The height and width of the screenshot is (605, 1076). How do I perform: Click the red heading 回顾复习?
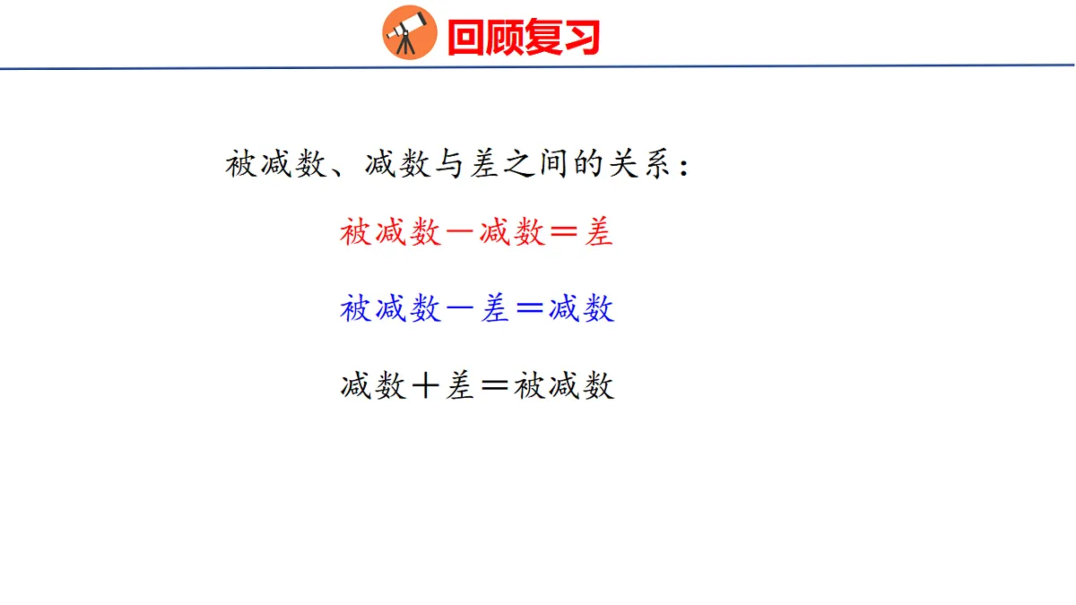[523, 38]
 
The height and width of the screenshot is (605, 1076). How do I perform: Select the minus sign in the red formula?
[461, 233]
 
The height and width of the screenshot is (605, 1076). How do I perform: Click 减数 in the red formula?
[512, 233]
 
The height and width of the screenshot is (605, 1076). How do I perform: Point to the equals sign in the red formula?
[565, 233]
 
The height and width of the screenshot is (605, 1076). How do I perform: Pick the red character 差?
[599, 233]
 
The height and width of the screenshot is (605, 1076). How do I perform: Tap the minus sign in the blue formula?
[461, 310]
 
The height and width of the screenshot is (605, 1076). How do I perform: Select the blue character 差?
[495, 310]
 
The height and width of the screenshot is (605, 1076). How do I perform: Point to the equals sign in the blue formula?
[530, 310]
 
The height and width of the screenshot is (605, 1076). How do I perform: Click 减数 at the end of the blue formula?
[581, 310]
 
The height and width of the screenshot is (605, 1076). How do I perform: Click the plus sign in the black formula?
[426, 387]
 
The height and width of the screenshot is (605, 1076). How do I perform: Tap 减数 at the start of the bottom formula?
[373, 387]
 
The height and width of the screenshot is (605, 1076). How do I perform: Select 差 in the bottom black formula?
[461, 387]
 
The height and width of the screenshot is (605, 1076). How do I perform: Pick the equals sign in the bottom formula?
[495, 387]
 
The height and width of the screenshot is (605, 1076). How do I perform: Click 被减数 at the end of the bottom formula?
[564, 387]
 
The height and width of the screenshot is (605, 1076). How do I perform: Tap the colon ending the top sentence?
[686, 167]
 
